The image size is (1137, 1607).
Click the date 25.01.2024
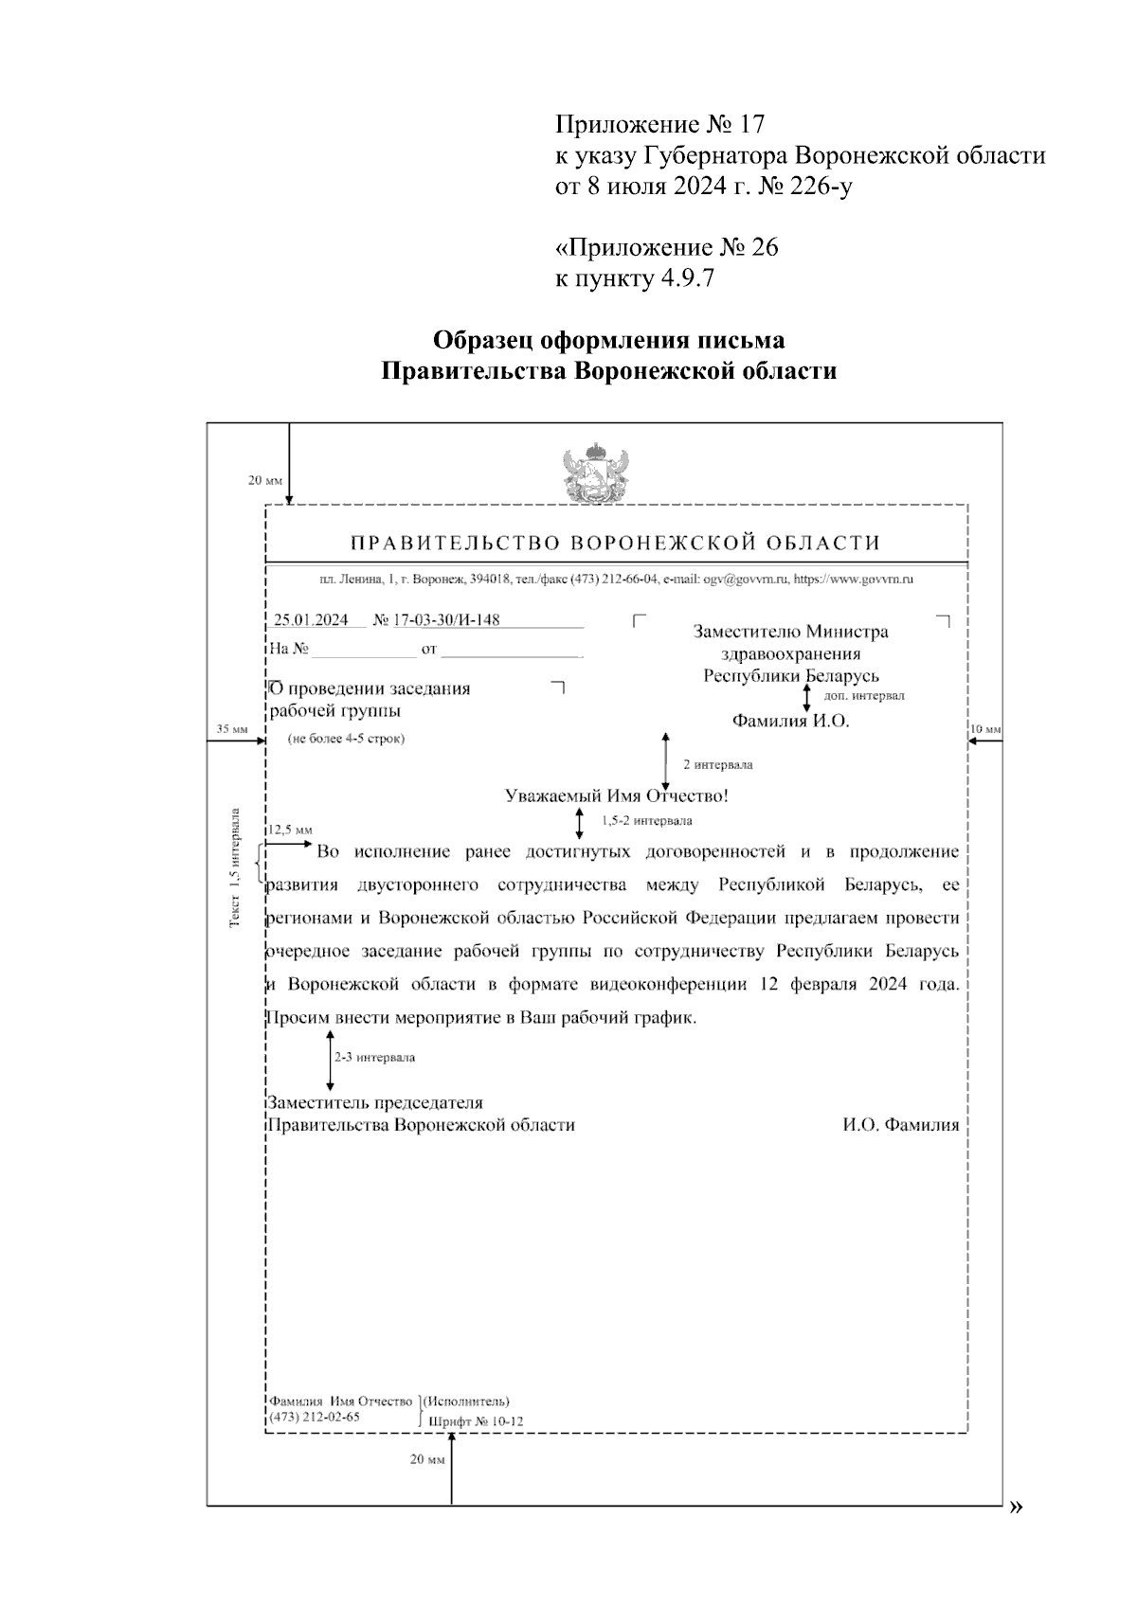click(x=311, y=620)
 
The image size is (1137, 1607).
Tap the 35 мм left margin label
click(x=231, y=729)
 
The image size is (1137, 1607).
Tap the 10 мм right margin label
click(x=985, y=729)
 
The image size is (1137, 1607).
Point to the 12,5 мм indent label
click(x=290, y=829)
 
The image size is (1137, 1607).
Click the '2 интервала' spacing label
click(x=717, y=764)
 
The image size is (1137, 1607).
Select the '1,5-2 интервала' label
click(x=646, y=820)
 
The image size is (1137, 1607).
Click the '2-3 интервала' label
click(x=373, y=1057)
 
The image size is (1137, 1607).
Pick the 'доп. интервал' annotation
click(x=864, y=695)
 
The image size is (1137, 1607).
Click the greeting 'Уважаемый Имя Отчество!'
click(x=617, y=796)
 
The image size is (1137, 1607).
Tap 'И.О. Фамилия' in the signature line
click(x=900, y=1125)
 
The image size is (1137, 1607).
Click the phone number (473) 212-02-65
click(x=315, y=1417)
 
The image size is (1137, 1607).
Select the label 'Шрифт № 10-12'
click(x=476, y=1421)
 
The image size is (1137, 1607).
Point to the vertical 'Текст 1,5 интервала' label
click(x=235, y=867)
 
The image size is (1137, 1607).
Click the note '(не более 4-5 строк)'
click(x=346, y=739)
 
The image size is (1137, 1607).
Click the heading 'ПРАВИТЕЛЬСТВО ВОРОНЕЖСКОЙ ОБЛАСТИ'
click(x=616, y=543)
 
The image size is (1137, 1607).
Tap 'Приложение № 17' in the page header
click(x=659, y=124)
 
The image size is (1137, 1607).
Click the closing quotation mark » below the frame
click(x=1017, y=1507)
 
